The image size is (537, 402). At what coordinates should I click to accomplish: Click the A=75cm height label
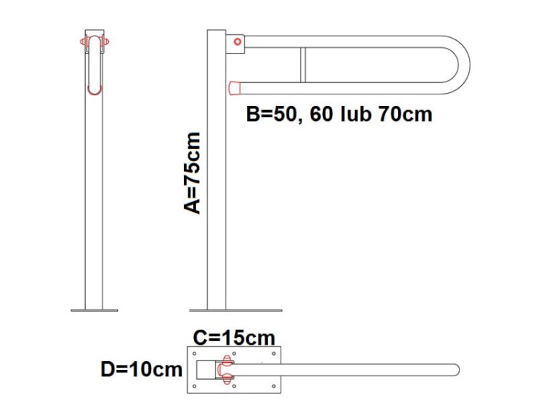pyautogui.click(x=192, y=173)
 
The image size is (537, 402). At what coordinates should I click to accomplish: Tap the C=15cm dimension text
pyautogui.click(x=234, y=338)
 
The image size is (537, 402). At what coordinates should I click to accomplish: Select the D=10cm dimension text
pyautogui.click(x=142, y=370)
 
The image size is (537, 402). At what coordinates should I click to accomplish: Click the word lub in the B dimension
pyautogui.click(x=356, y=114)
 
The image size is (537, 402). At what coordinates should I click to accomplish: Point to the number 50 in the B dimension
pyautogui.click(x=284, y=114)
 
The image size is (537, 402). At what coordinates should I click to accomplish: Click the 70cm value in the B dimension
pyautogui.click(x=405, y=114)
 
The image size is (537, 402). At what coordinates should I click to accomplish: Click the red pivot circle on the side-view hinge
pyautogui.click(x=237, y=41)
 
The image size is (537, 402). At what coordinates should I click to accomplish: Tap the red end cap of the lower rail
pyautogui.click(x=234, y=88)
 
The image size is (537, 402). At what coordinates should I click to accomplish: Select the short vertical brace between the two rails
pyautogui.click(x=303, y=65)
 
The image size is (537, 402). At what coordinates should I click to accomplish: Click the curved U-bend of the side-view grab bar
pyautogui.click(x=464, y=64)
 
